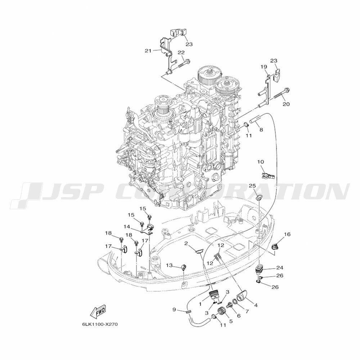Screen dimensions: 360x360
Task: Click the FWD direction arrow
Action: coord(98,311)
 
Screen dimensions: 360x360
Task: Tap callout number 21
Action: coord(148,51)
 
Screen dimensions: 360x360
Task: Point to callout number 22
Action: coord(181,53)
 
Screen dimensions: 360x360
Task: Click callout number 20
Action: coord(286,104)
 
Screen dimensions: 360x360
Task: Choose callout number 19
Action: coord(264,67)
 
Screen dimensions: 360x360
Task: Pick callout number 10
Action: coord(261,162)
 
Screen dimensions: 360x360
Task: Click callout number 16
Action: coord(287,234)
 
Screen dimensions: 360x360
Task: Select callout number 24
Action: coord(280,268)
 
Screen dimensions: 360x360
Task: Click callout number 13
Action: coord(169,265)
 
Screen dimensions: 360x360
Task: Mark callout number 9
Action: coord(174,310)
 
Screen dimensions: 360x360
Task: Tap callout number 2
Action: coord(186,243)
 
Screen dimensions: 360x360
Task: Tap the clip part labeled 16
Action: coord(275,247)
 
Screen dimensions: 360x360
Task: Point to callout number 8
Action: coord(261,130)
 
